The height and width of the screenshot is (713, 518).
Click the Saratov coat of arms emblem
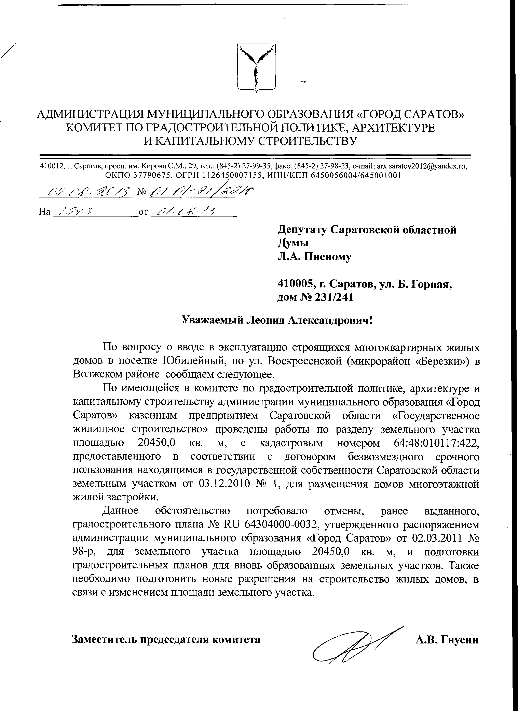coord(256,68)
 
